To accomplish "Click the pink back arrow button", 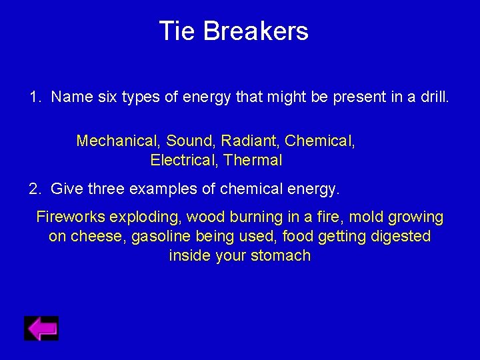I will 41,328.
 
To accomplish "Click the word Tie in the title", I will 177,31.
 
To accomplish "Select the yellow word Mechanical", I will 118,141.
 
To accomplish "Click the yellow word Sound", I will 190,141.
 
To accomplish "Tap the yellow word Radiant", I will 250,141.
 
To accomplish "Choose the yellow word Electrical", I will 184,160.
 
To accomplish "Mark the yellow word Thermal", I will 253,160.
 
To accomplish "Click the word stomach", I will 281,256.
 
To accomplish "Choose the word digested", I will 398,237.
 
